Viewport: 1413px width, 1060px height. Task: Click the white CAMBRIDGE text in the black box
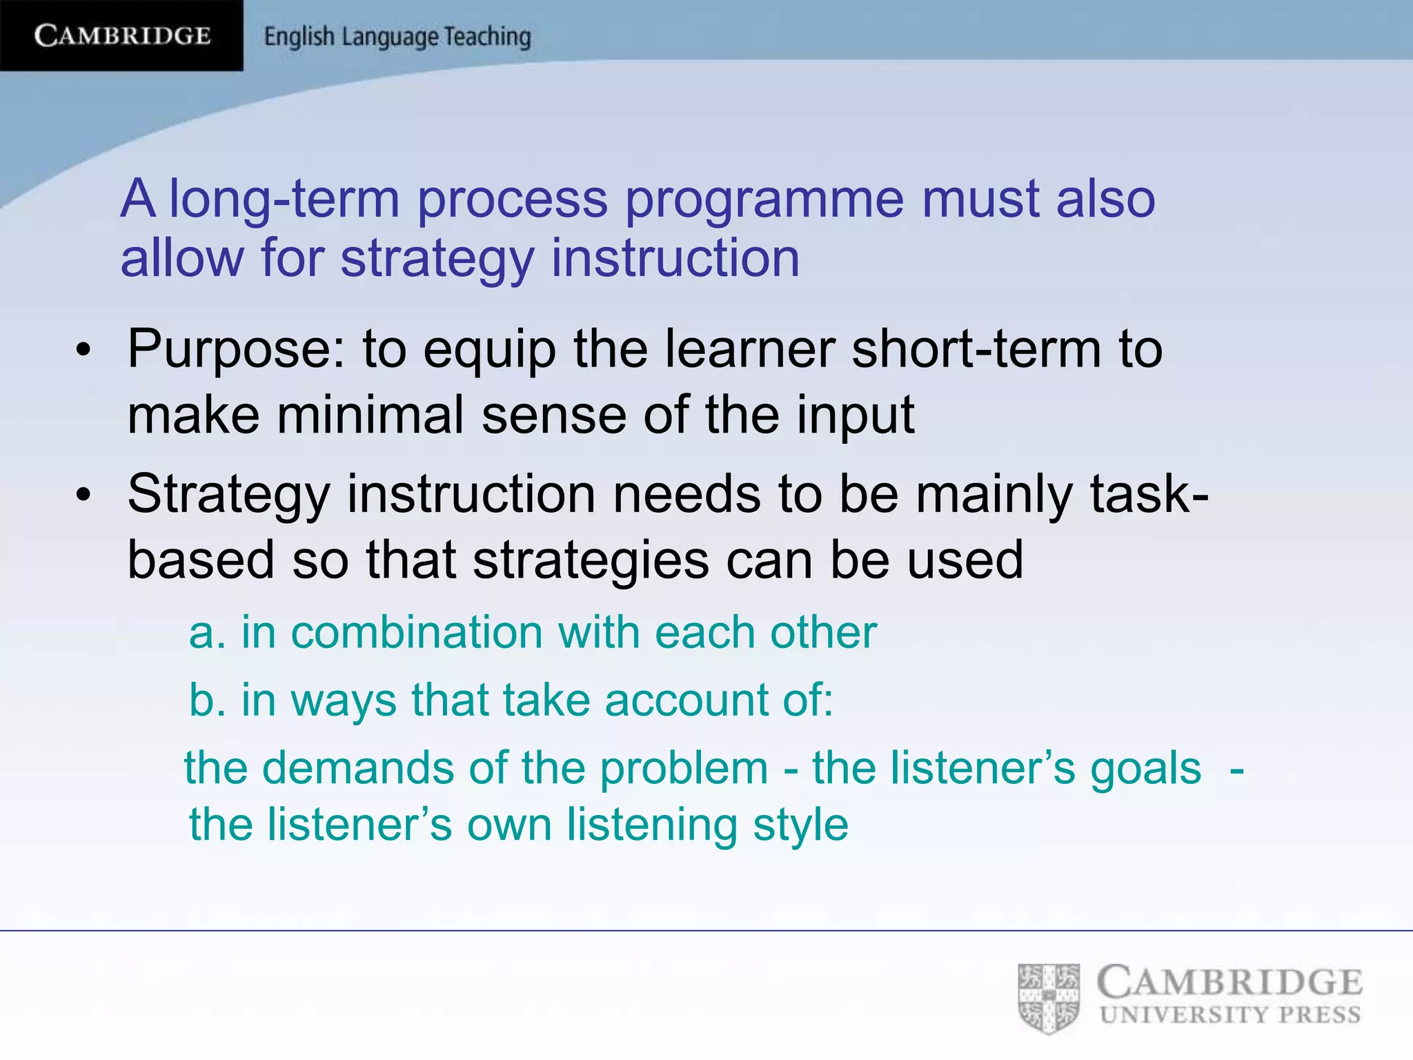[122, 35]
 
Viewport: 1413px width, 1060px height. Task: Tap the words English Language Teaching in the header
[397, 37]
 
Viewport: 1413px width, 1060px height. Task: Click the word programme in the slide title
[764, 200]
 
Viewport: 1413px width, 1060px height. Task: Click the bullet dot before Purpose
[83, 350]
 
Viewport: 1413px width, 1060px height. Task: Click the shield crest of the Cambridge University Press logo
[1049, 999]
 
